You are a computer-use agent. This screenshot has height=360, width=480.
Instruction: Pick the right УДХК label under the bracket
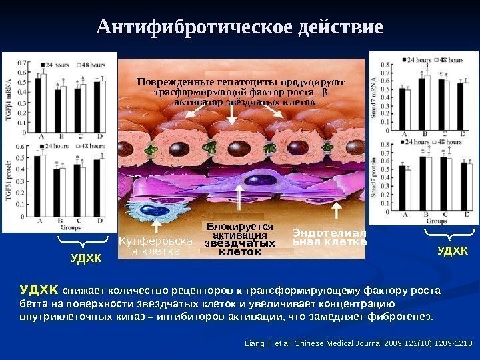pyautogui.click(x=453, y=251)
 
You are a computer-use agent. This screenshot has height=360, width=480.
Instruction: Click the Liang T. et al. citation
pyautogui.click(x=359, y=343)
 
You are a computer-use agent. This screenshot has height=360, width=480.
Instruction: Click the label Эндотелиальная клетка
pyautogui.click(x=329, y=238)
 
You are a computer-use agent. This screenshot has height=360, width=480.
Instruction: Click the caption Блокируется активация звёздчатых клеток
pyautogui.click(x=240, y=239)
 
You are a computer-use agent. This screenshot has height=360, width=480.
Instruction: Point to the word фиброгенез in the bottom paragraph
pyautogui.click(x=403, y=315)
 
